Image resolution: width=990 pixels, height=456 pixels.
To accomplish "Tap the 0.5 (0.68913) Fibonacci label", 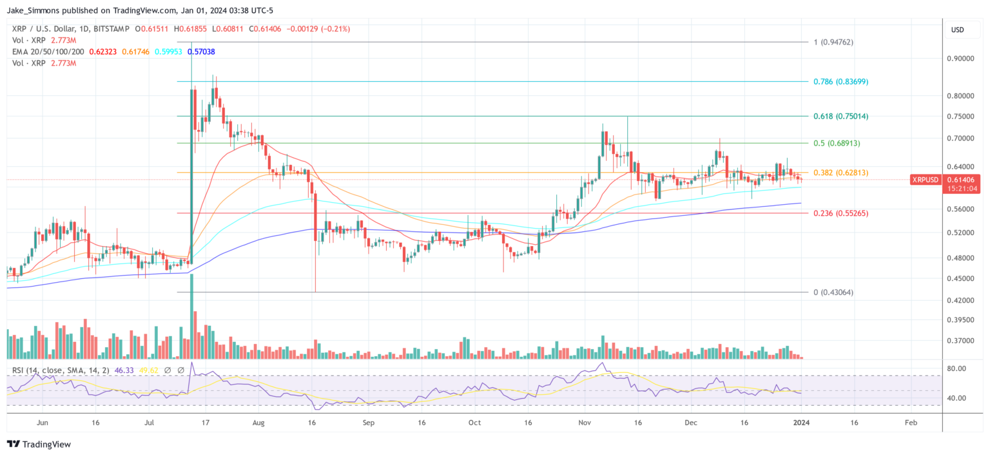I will coord(837,143).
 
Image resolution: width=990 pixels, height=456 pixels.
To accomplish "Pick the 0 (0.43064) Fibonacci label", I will coord(833,292).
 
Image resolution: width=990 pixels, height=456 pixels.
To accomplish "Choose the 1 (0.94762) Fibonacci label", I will coord(833,43).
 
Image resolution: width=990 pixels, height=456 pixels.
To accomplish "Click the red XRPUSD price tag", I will coord(925,180).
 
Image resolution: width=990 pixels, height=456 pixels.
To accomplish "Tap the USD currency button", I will coord(957,30).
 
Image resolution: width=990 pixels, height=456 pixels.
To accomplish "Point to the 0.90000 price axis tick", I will coord(962,59).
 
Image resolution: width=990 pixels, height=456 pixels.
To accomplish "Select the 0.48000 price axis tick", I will coord(962,258).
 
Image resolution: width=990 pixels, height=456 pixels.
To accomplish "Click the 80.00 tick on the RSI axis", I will coord(958,368).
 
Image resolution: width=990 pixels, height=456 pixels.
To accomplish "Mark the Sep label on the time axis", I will coord(368,423).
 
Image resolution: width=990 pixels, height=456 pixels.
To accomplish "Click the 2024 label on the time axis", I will coord(801,423).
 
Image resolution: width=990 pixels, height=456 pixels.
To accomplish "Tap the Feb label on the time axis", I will coord(910,423).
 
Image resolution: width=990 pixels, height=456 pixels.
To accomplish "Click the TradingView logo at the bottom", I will coord(39,444).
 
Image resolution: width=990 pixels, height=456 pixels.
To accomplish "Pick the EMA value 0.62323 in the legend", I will coord(102,52).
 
